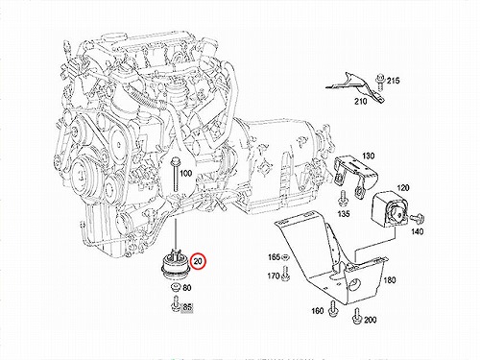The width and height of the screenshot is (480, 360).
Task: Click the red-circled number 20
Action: [x=198, y=261]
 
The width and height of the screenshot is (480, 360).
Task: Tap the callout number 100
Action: [x=185, y=174]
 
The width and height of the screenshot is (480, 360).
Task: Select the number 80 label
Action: [x=187, y=288]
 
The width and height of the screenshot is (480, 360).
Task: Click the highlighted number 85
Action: [x=187, y=307]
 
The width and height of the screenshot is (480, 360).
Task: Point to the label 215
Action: [x=394, y=81]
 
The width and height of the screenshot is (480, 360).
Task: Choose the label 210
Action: [x=361, y=101]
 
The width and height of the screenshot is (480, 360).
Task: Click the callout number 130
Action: [x=368, y=156]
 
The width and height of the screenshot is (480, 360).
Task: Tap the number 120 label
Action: [x=403, y=187]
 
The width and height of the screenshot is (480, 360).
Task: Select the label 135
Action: [x=344, y=213]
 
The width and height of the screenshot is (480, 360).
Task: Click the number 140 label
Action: [x=417, y=231]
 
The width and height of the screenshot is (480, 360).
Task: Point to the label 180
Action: [x=390, y=280]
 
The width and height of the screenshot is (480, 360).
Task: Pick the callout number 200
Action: [x=371, y=320]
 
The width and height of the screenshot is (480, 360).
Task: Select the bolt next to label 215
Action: [x=380, y=82]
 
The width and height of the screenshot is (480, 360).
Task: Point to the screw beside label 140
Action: [x=417, y=219]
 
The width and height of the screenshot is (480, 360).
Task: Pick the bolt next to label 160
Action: [x=333, y=308]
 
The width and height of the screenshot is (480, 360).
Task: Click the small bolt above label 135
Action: [x=343, y=198]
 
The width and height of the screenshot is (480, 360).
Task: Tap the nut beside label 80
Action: [x=176, y=288]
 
